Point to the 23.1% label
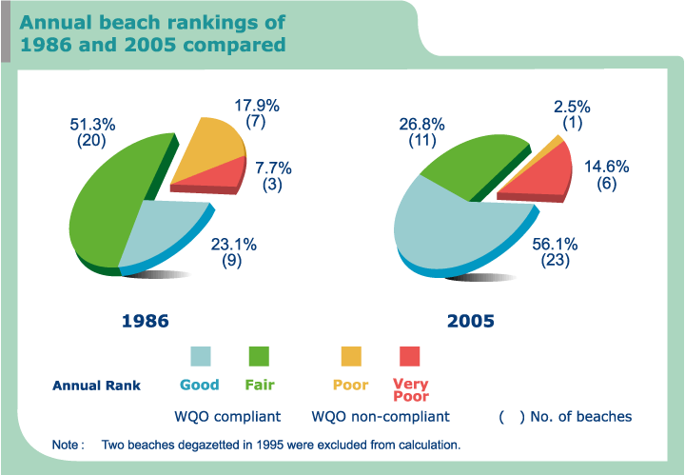click(233, 245)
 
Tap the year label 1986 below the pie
click(146, 321)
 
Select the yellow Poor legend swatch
click(351, 356)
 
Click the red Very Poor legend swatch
click(410, 356)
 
